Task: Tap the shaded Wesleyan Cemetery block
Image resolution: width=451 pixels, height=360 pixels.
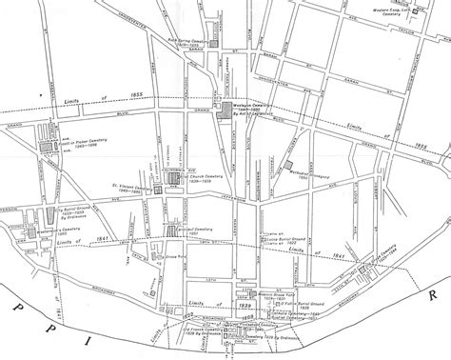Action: click(x=225, y=112)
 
